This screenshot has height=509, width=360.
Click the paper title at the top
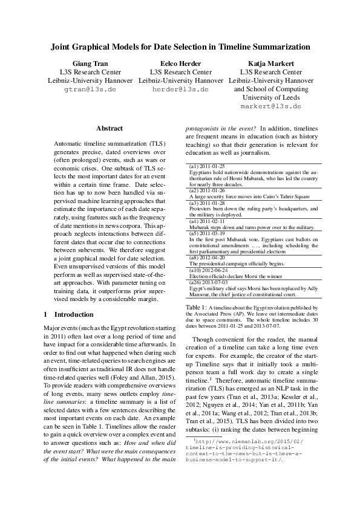click(180, 46)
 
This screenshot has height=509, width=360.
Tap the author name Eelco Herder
click(180, 63)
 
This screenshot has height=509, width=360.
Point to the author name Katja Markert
click(270, 63)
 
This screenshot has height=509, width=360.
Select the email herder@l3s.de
click(180, 89)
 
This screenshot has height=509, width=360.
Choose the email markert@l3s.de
click(270, 106)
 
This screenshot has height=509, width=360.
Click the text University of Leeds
click(270, 97)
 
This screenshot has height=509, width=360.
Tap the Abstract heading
click(110, 128)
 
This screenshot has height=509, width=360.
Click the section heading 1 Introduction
click(70, 314)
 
